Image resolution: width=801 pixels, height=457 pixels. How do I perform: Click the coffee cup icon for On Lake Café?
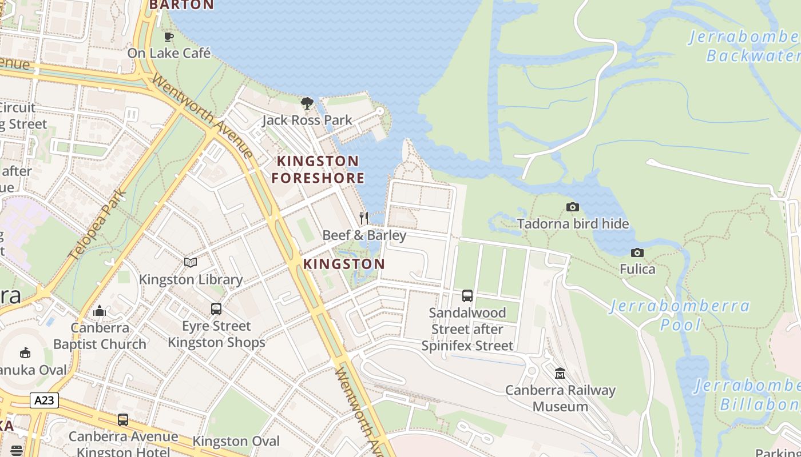[x=168, y=37]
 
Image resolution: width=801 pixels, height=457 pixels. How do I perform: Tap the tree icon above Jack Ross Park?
[x=307, y=103]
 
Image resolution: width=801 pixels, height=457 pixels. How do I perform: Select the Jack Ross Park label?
[x=307, y=121]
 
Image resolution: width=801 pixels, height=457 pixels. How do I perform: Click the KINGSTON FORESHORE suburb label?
[x=318, y=169]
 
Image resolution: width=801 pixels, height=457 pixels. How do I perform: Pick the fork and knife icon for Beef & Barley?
[x=364, y=218]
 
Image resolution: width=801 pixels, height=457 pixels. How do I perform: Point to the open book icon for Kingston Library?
[x=191, y=262]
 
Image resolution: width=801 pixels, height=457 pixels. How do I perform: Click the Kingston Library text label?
[x=191, y=280]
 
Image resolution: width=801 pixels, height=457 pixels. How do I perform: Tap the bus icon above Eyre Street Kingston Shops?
[x=216, y=309]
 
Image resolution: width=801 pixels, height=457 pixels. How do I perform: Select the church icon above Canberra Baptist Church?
[x=100, y=311]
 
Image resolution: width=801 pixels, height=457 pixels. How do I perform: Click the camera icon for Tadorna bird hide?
[x=572, y=207]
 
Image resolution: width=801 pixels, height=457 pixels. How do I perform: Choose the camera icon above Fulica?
[x=637, y=252]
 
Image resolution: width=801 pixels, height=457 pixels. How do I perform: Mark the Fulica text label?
[x=637, y=269]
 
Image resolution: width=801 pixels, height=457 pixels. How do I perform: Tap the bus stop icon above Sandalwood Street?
[x=467, y=296]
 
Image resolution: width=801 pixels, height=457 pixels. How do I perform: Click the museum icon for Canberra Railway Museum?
[x=560, y=374]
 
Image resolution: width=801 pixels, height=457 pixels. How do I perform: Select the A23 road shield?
[x=44, y=400]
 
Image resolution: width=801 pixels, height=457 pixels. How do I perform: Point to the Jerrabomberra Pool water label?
[x=680, y=315]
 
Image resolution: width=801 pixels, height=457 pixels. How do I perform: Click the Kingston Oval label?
[x=236, y=442]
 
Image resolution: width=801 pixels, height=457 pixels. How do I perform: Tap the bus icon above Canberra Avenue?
[x=123, y=420]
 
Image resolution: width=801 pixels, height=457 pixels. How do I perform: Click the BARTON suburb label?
[x=181, y=5]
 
